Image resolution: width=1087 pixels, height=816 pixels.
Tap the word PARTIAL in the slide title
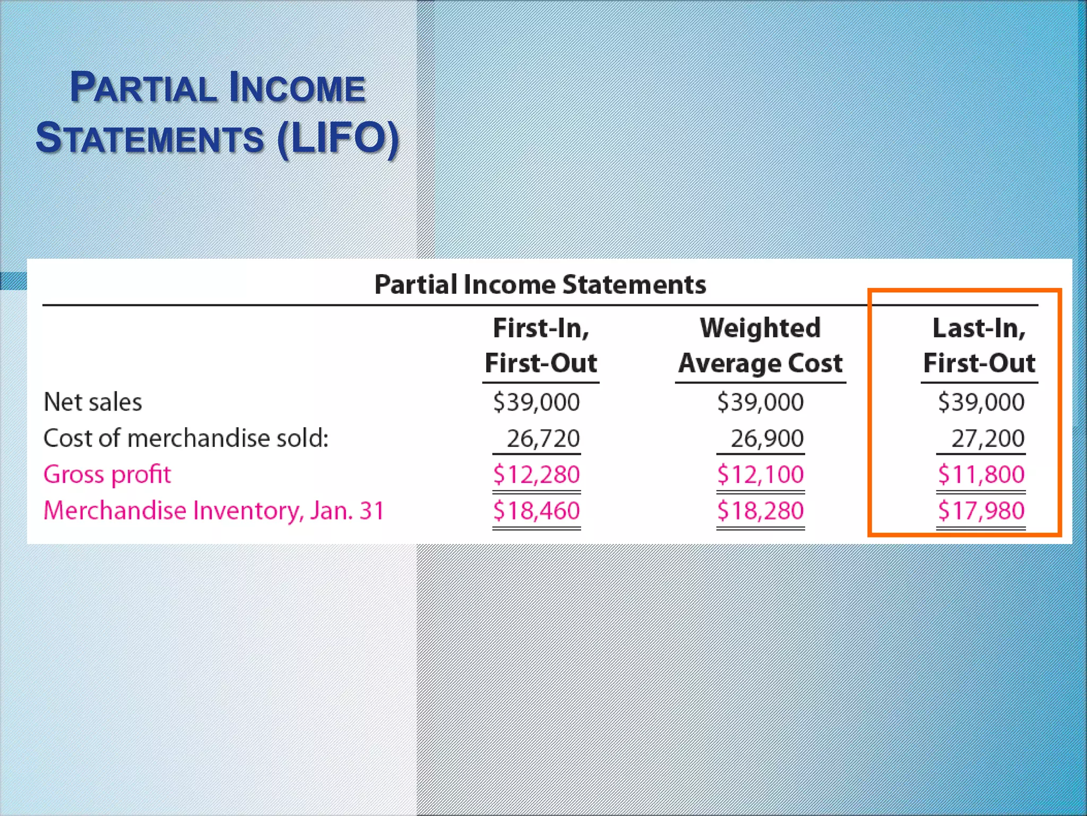(x=143, y=88)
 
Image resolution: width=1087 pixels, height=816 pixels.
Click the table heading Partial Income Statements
(x=540, y=284)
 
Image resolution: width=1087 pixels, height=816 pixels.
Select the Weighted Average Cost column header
(x=760, y=346)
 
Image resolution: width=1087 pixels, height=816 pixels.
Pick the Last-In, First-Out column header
(x=979, y=346)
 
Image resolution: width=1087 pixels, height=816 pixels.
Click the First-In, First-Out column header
(x=541, y=346)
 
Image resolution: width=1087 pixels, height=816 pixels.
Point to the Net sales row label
(x=93, y=402)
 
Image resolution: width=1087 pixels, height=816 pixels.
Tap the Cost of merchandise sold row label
(x=186, y=438)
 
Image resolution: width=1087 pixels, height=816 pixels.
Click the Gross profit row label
(x=107, y=474)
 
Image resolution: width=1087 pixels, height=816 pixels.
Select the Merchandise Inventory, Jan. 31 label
(x=213, y=511)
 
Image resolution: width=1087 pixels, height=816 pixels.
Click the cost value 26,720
(x=543, y=439)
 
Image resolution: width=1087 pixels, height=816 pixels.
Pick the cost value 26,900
(x=767, y=439)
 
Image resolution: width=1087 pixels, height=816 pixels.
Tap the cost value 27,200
(x=987, y=439)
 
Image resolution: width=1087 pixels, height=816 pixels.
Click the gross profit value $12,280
(x=537, y=474)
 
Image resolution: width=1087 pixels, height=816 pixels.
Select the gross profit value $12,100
(x=761, y=474)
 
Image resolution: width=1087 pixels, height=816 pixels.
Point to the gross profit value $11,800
(x=981, y=474)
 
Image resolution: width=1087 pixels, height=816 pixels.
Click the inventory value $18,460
(x=537, y=511)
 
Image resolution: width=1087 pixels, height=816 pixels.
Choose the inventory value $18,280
(x=761, y=511)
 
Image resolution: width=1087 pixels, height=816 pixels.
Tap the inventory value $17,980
(x=981, y=511)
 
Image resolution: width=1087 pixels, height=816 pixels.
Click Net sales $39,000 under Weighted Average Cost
(x=761, y=402)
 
